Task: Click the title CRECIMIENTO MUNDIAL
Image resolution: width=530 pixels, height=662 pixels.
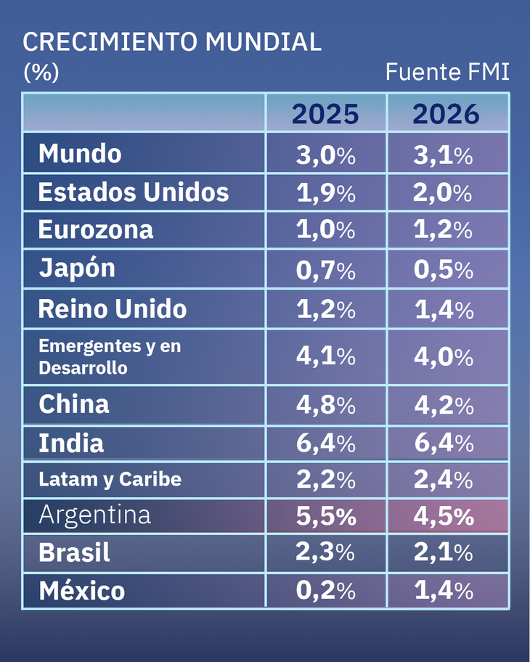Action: [172, 42]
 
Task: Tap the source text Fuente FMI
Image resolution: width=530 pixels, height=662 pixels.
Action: [447, 73]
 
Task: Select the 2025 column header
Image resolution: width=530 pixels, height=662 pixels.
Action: [325, 114]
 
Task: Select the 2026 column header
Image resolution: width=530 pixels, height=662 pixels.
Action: [446, 114]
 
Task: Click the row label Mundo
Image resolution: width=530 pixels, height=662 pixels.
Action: [80, 154]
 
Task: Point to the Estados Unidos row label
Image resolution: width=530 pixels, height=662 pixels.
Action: [133, 192]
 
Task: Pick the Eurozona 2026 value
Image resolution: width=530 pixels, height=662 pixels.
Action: [444, 230]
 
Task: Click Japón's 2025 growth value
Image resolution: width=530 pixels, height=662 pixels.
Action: [325, 270]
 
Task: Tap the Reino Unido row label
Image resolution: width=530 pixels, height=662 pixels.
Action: [113, 309]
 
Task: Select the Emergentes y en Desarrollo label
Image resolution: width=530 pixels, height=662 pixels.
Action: [109, 356]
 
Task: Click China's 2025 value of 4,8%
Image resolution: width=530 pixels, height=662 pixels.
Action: [325, 404]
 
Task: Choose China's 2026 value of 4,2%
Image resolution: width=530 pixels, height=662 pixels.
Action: [444, 404]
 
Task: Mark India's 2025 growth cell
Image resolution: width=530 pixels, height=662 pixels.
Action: [325, 443]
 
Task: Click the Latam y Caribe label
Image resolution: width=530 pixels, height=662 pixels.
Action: [110, 479]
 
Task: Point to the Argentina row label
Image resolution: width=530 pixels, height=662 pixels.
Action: [94, 515]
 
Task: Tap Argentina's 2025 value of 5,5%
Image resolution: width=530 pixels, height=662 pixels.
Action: [325, 516]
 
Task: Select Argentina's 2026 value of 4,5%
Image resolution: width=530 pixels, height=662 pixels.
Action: [444, 516]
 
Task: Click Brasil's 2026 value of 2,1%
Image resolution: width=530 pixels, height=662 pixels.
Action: [444, 553]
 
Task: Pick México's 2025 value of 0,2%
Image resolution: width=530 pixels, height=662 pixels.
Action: [325, 592]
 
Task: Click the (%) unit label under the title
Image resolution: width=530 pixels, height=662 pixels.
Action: [41, 73]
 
